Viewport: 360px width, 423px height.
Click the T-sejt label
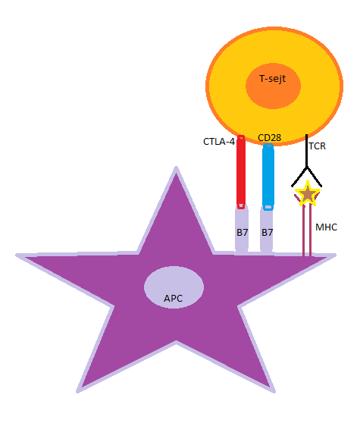(272, 79)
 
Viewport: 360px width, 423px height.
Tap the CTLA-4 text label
(219, 142)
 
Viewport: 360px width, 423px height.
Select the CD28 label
(269, 137)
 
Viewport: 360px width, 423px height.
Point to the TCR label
(317, 146)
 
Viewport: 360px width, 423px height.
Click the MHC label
(327, 227)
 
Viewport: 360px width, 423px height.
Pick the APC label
(173, 299)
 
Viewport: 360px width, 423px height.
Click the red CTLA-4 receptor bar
(241, 172)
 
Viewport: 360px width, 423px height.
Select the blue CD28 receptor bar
(268, 177)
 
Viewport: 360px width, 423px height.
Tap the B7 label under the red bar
(242, 233)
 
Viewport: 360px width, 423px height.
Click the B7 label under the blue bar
(268, 233)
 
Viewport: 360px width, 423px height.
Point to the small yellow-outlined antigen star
(308, 193)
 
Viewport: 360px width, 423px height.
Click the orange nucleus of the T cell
(273, 86)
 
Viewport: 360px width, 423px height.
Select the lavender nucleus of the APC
(174, 287)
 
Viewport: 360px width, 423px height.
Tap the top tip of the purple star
(176, 168)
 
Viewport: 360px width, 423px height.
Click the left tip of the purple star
(17, 255)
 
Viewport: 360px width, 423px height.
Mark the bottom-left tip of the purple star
(77, 392)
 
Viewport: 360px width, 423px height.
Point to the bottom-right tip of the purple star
(274, 392)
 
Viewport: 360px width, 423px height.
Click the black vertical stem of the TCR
(307, 151)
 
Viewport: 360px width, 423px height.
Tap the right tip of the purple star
(335, 255)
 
